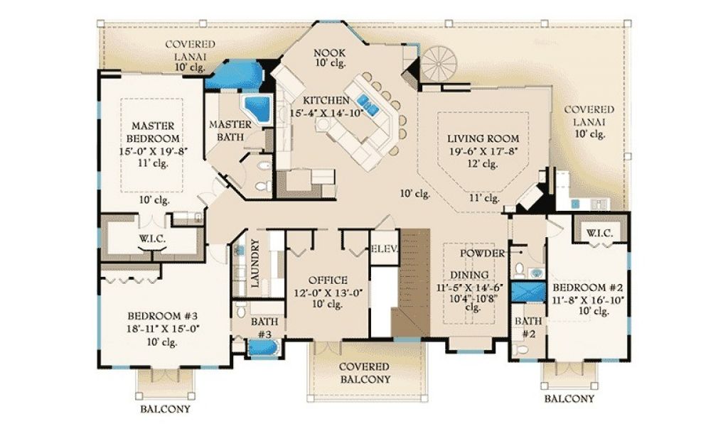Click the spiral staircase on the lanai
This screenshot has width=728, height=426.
point(438,65)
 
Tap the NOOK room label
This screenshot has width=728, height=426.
point(330,53)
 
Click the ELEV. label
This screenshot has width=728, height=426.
point(385,248)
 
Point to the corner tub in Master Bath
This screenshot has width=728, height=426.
point(256,109)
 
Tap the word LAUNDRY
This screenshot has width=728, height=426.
point(255,263)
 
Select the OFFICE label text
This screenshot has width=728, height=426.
point(328,280)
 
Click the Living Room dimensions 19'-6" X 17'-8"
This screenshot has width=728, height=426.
point(483,151)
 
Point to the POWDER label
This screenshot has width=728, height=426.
point(483,253)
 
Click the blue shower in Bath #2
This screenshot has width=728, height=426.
point(528,292)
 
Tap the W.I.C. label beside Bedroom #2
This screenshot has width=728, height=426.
point(600,233)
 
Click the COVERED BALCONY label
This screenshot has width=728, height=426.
point(365,373)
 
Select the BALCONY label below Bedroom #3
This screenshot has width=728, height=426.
point(166,409)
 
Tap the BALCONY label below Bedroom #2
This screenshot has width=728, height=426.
point(569,398)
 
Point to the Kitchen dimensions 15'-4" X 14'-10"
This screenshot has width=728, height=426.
point(326,113)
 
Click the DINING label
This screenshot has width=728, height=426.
point(469,275)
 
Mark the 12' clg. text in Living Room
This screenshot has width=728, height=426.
point(483,163)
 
